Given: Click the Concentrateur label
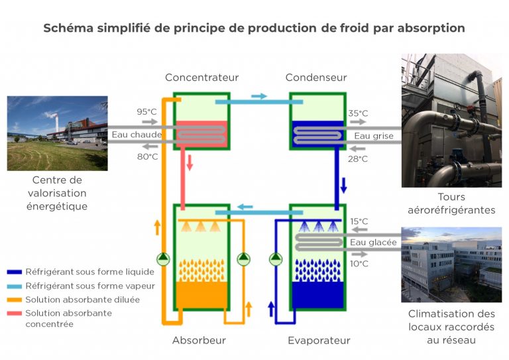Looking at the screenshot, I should [x=201, y=78].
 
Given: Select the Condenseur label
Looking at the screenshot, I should [x=316, y=78].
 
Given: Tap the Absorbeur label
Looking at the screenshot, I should [x=199, y=340].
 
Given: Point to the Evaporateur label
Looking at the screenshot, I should [x=319, y=340].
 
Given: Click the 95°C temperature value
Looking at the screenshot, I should [x=147, y=112].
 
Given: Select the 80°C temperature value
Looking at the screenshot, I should [x=147, y=156].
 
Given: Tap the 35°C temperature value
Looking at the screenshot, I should [x=358, y=113].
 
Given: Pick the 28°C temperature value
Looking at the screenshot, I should [x=358, y=159].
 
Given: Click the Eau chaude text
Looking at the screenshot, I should [x=137, y=135].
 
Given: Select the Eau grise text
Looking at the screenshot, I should [x=374, y=136].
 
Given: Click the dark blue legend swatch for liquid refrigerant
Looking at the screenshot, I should [x=14, y=272].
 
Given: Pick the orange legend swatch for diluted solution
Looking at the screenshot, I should [x=14, y=300].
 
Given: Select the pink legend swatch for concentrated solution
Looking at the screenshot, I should [x=14, y=314].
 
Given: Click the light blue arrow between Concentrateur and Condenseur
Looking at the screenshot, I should [x=259, y=96].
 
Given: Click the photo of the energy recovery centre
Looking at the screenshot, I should [x=57, y=133].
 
